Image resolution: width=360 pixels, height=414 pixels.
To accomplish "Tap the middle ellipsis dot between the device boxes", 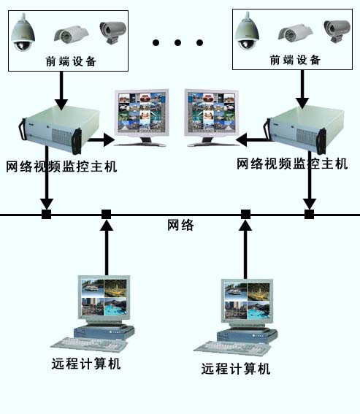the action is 177,42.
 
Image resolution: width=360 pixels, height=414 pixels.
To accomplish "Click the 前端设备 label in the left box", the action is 71,61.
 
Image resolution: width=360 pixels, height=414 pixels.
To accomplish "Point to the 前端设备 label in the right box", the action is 295,60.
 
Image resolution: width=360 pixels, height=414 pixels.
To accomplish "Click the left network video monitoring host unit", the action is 60,129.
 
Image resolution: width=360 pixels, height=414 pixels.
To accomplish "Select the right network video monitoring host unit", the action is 305,129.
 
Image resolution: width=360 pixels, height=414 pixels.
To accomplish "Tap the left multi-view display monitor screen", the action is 142,112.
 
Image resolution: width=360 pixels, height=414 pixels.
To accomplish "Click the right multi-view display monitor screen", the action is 211,112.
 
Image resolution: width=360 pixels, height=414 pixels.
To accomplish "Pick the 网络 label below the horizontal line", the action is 180,225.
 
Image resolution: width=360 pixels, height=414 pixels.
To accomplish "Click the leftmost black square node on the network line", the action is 47,215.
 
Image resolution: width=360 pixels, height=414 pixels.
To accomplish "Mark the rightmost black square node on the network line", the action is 310,215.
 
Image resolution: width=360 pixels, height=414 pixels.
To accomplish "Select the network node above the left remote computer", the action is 107,215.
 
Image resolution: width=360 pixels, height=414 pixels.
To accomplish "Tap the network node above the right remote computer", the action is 245,215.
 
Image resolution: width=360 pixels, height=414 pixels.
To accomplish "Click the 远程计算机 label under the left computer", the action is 86,364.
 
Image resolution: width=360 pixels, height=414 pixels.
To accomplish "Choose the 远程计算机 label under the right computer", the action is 236,369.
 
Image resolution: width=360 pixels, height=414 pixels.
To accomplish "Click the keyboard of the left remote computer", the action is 89,345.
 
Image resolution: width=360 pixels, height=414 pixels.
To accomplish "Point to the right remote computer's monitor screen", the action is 247,301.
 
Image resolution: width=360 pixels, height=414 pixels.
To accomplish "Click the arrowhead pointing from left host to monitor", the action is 109,139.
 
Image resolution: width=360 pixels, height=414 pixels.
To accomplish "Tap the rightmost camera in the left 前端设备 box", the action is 113,32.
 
